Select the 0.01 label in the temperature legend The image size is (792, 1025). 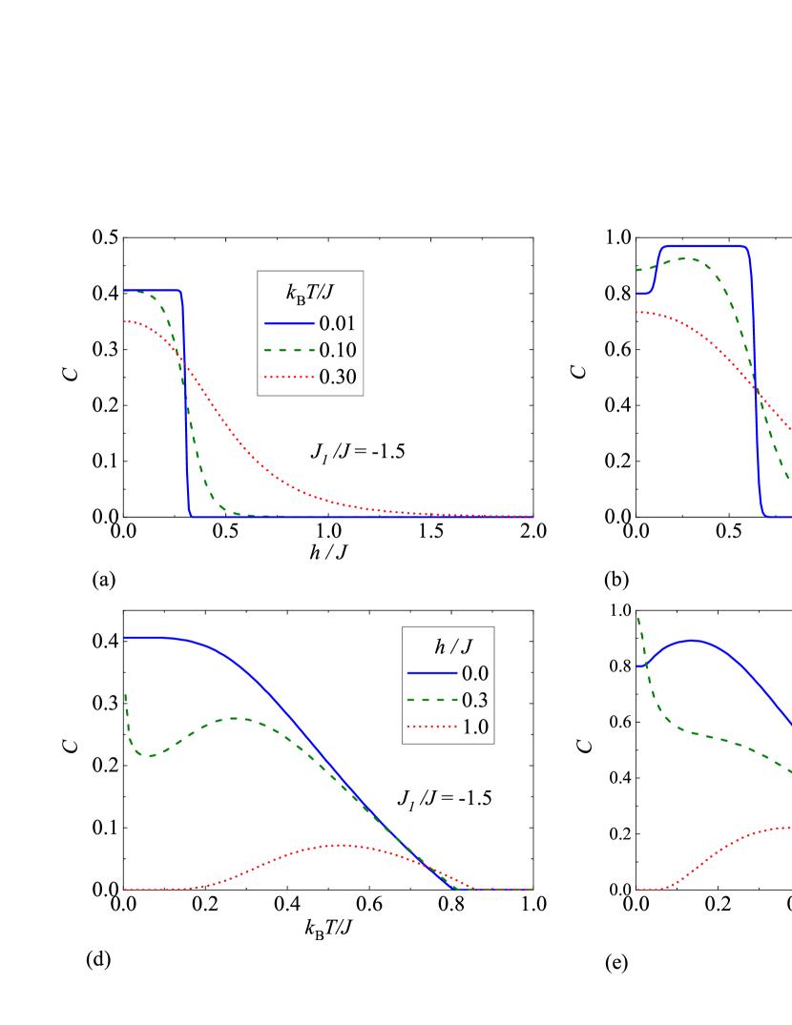coord(338,323)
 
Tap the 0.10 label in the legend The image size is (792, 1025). coord(338,350)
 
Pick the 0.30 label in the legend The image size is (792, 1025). coord(338,377)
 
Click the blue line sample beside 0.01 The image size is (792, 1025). coord(289,323)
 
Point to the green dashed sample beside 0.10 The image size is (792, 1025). coord(289,350)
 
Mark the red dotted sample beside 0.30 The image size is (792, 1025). coord(289,377)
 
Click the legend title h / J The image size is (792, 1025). coord(448,646)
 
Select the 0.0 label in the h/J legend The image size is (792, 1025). coord(475,673)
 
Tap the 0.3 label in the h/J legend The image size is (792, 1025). coord(475,700)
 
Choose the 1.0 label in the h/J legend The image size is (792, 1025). coord(475,727)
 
